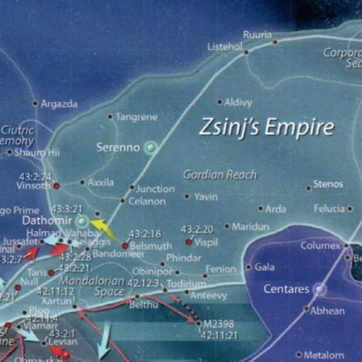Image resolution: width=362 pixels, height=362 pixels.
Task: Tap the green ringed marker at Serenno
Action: click(x=150, y=148)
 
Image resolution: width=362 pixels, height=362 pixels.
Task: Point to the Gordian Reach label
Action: click(x=220, y=175)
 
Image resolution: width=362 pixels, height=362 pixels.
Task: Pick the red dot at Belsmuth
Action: click(x=125, y=246)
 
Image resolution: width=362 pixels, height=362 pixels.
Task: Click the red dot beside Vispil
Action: click(x=189, y=241)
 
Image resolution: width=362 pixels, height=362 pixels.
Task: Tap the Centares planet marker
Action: click(x=319, y=288)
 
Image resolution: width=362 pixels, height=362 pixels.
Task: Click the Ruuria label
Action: click(x=257, y=34)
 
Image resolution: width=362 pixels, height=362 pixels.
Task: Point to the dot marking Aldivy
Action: click(x=219, y=103)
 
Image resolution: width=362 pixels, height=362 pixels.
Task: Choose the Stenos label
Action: click(x=327, y=185)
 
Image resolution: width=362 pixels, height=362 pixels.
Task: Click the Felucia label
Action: click(x=329, y=209)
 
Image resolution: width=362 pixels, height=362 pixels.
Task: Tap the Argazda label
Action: click(x=59, y=103)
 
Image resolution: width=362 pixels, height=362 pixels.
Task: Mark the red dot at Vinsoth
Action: click(x=57, y=186)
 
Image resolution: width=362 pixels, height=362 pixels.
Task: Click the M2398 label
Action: click(x=216, y=323)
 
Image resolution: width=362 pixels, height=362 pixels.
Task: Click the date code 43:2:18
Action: click(x=146, y=234)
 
